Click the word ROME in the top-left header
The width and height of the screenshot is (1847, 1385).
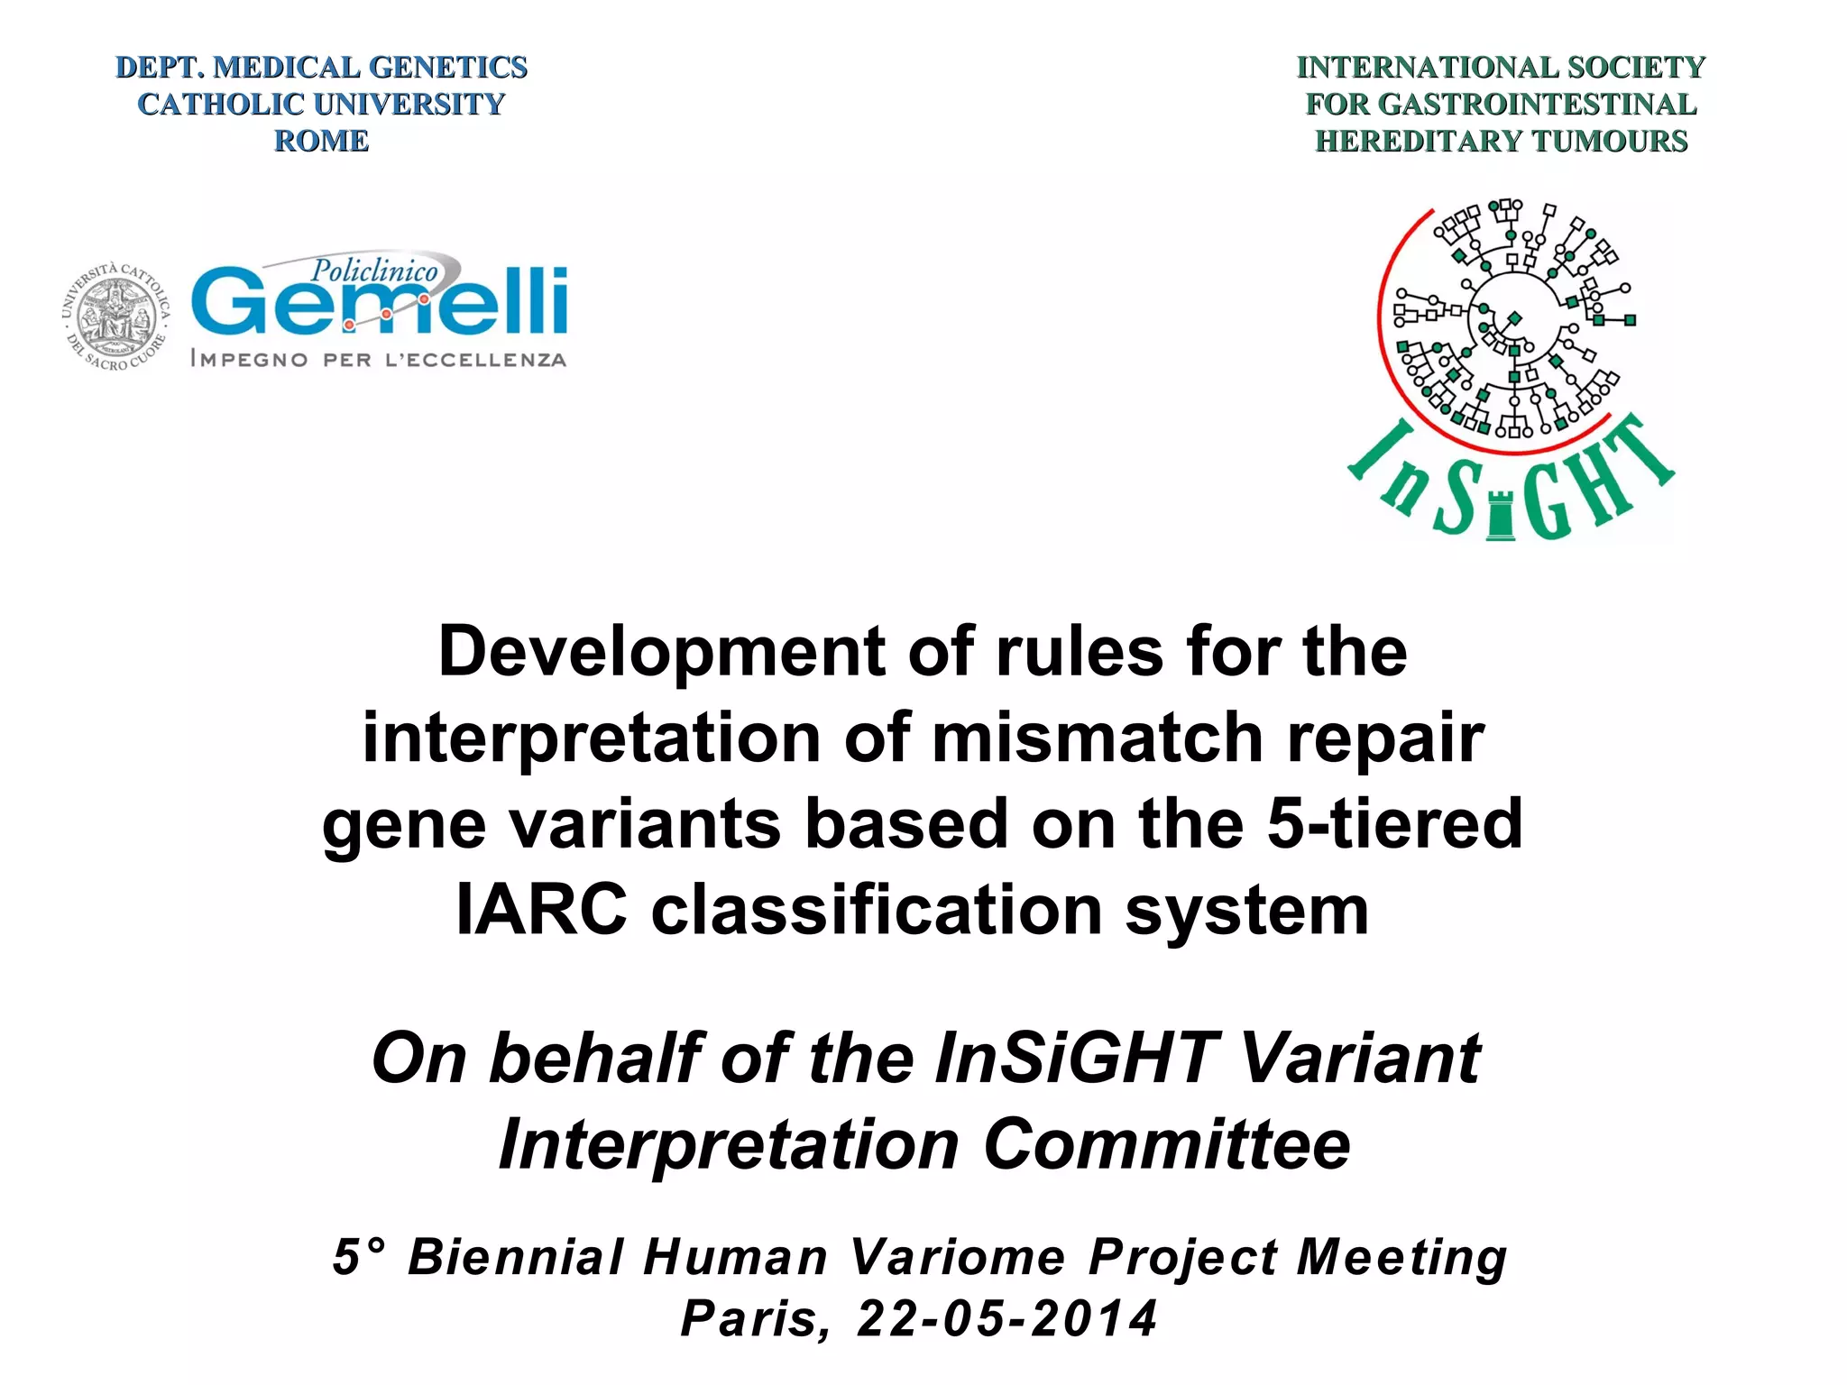(x=321, y=142)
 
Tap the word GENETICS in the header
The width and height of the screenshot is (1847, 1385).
(x=448, y=68)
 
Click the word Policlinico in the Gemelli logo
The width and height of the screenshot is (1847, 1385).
(x=374, y=270)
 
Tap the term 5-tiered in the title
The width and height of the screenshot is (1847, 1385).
(x=1394, y=824)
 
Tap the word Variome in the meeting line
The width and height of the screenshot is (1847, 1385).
(x=958, y=1257)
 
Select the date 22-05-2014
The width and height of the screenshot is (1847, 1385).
(x=1006, y=1319)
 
